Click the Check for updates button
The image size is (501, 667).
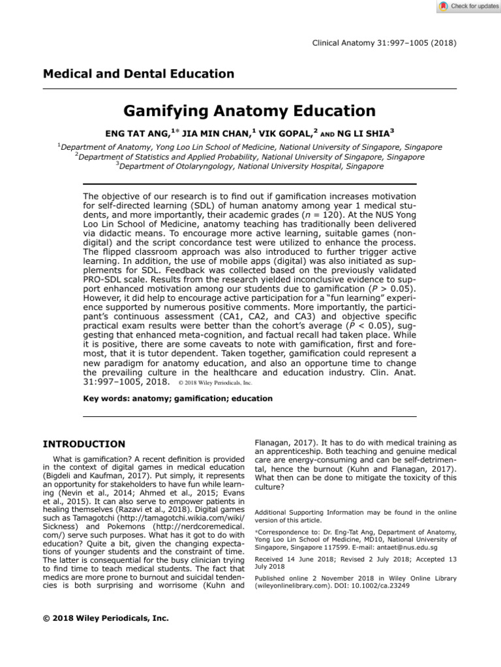pos(467,7)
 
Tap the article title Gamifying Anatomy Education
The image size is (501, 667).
pos(250,111)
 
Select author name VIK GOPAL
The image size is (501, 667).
pos(286,134)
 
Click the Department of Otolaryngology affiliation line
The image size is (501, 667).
pos(250,166)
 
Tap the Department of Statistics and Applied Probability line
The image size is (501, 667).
pos(250,157)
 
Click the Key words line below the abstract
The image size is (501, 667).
pos(179,398)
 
